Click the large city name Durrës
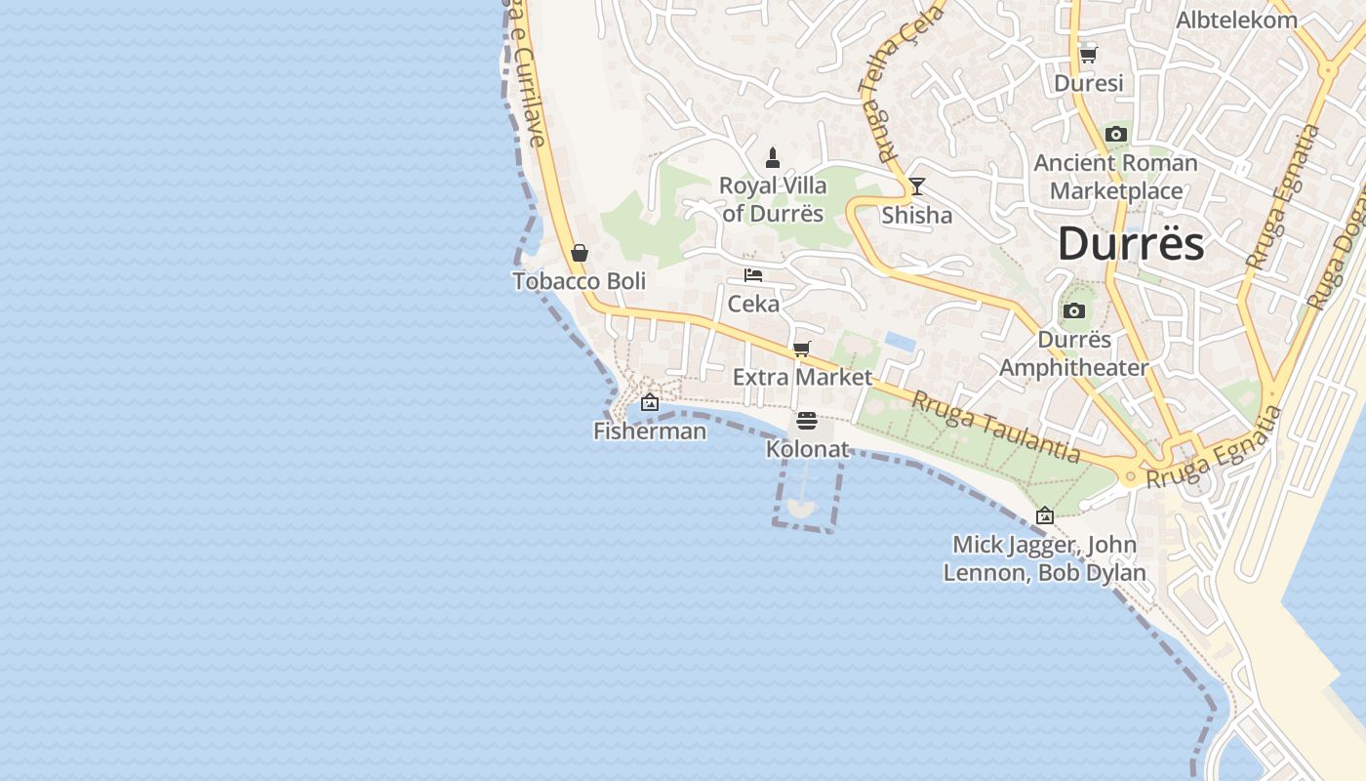[1131, 243]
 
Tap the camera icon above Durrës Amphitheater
[1074, 311]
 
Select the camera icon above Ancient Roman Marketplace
[1116, 134]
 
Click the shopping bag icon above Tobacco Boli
[580, 253]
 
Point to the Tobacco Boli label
[580, 281]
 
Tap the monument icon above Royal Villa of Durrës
[773, 157]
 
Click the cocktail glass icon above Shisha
[916, 185]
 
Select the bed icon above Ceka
[753, 275]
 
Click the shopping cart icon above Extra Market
[802, 349]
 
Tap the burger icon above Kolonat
[807, 421]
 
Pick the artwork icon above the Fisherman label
[650, 402]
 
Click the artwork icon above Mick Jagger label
[1045, 515]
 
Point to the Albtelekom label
[1236, 20]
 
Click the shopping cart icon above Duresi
[1088, 55]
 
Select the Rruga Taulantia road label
[996, 427]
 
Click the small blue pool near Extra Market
[900, 342]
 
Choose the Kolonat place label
[807, 449]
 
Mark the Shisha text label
[916, 215]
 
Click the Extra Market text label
[802, 377]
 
